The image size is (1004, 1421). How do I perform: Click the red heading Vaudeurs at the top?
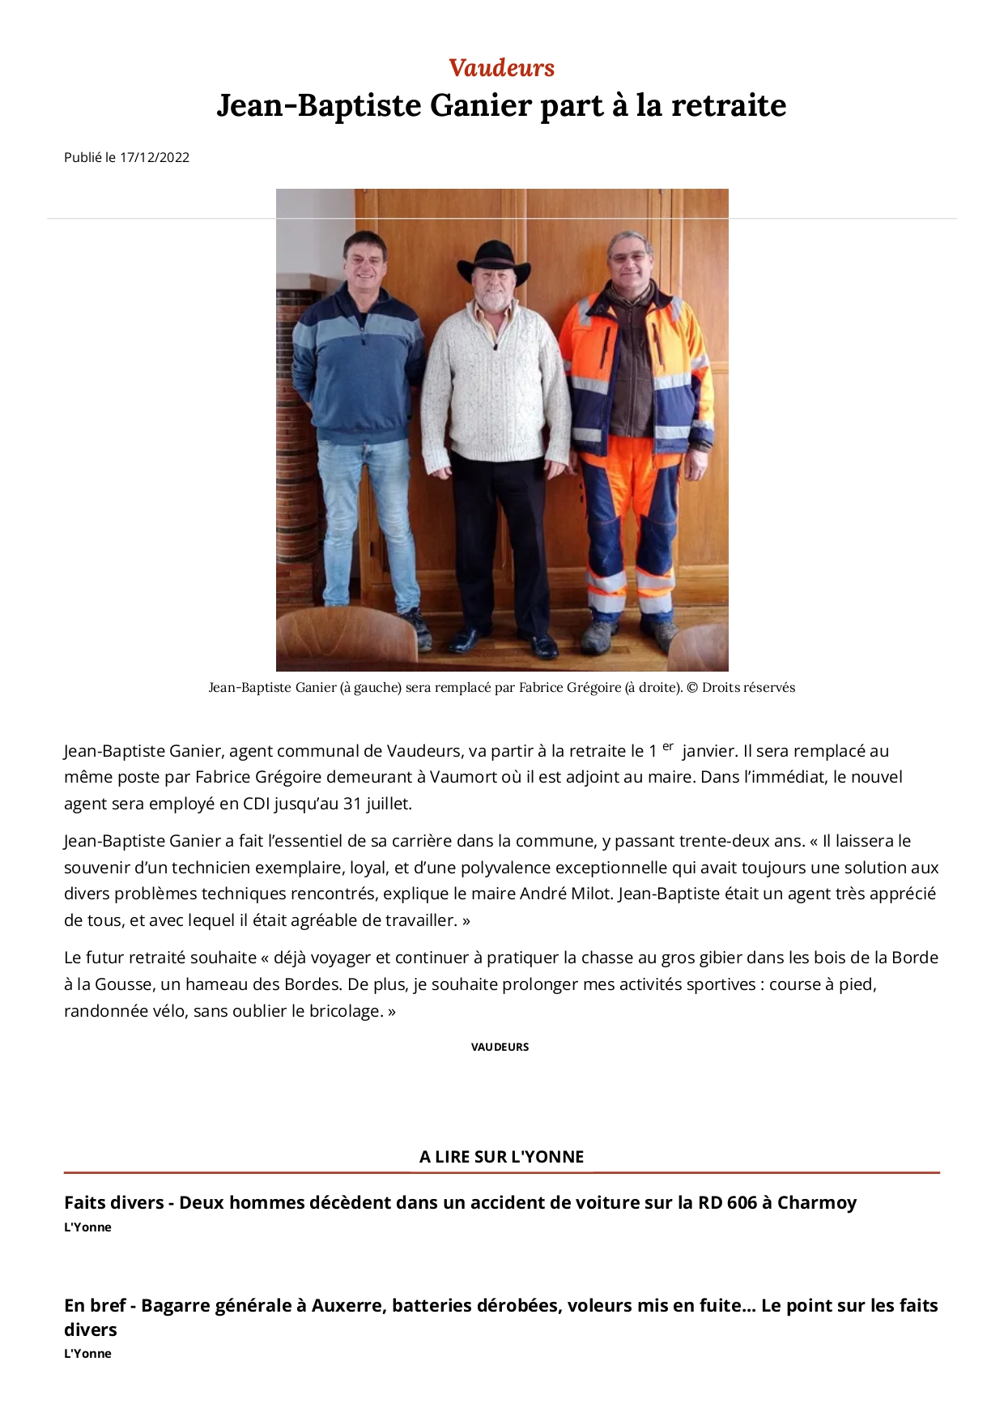click(x=501, y=68)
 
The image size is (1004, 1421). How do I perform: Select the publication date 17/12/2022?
click(x=155, y=157)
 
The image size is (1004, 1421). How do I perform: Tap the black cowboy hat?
click(x=493, y=262)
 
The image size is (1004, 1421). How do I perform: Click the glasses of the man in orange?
click(x=631, y=257)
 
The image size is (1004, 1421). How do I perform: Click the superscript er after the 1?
click(x=668, y=746)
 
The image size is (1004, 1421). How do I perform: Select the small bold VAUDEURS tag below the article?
click(x=500, y=1047)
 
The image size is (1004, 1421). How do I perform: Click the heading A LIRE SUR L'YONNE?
click(x=501, y=1157)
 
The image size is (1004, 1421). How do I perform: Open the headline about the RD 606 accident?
click(x=460, y=1202)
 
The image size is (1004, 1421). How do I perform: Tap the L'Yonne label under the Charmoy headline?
click(x=87, y=1227)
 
